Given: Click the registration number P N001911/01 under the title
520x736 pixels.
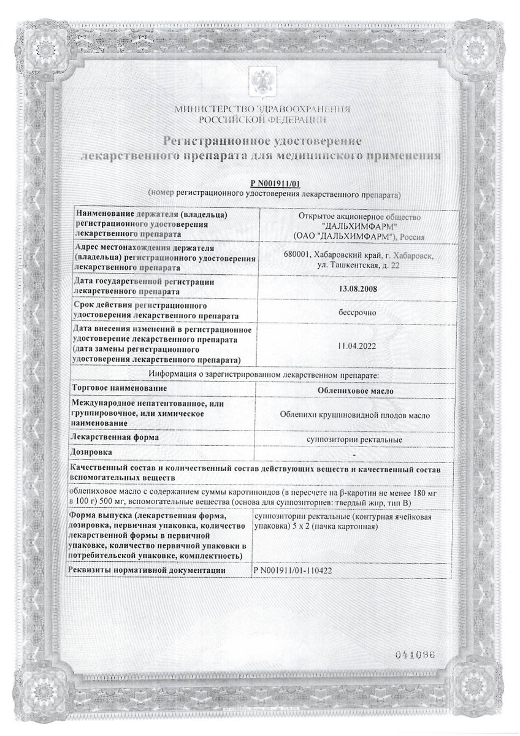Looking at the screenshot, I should pyautogui.click(x=278, y=184).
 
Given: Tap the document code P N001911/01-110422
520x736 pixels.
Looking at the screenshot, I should pyautogui.click(x=295, y=570).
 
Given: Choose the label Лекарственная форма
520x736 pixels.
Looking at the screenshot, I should pyautogui.click(x=116, y=437).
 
